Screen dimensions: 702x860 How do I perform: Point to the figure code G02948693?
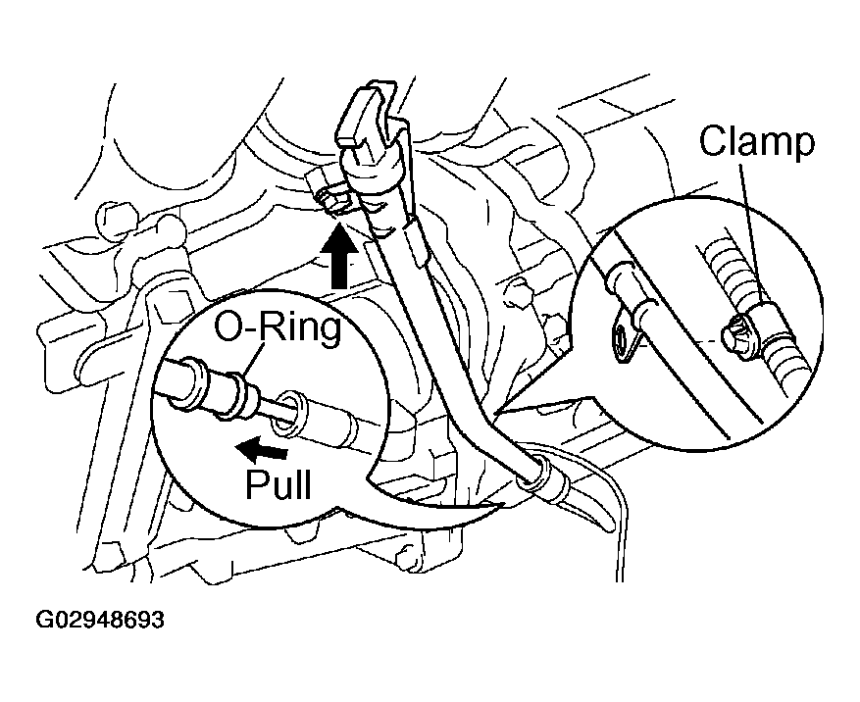click(x=100, y=621)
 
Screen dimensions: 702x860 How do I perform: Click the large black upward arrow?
click(x=339, y=253)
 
